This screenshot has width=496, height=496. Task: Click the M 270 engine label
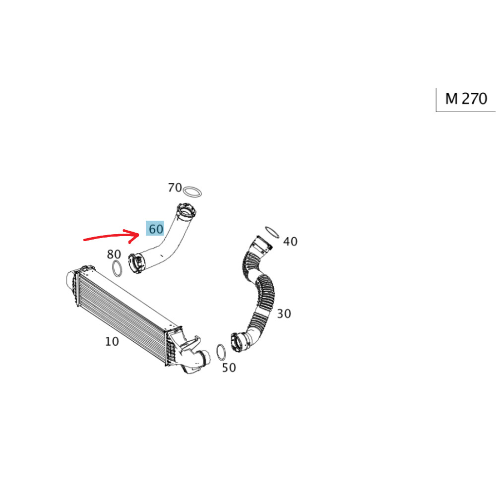466,99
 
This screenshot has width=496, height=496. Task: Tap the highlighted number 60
155,228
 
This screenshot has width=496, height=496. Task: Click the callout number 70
175,187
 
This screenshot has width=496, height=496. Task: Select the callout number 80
114,254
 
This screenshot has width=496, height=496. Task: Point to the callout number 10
112,341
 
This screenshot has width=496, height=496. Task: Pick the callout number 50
229,368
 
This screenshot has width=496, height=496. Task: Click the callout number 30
284,314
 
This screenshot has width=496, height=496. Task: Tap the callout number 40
290,242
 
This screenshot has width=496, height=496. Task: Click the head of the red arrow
138,234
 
